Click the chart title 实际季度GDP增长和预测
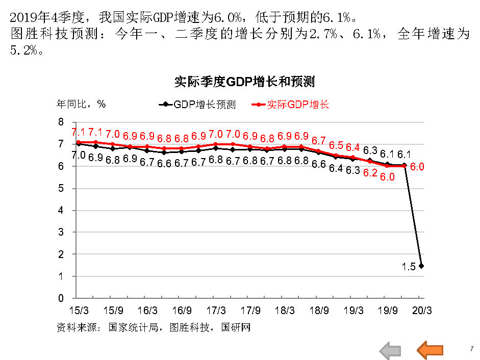pyautogui.click(x=244, y=82)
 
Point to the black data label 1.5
pyautogui.click(x=408, y=266)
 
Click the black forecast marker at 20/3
pyautogui.click(x=421, y=266)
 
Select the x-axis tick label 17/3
pyautogui.click(x=216, y=310)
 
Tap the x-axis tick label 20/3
pyautogui.click(x=421, y=310)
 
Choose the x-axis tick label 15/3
pyautogui.click(x=78, y=310)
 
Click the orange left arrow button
pyautogui.click(x=430, y=350)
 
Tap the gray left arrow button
pyautogui.click(x=390, y=350)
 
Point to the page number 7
pyautogui.click(x=472, y=349)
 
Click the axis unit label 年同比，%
pyautogui.click(x=81, y=104)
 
